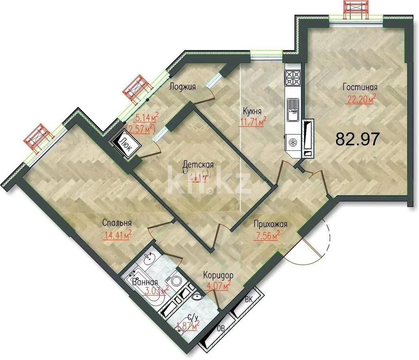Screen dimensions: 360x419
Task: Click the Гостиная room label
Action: click(360, 88)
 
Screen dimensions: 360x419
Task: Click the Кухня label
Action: click(253, 111)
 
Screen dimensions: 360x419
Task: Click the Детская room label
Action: click(198, 164)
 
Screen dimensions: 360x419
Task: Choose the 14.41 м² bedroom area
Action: click(118, 235)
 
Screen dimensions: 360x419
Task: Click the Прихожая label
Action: click(271, 225)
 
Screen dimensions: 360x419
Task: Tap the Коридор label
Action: click(218, 276)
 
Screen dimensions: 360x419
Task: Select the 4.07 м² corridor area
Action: click(218, 286)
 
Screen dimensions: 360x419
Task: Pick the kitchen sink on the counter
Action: click(293, 109)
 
